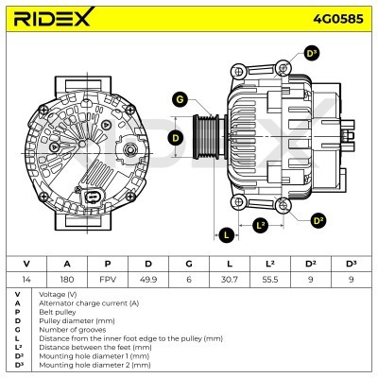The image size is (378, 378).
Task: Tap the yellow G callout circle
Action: (180, 100)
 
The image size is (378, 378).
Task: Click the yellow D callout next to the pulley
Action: (175, 138)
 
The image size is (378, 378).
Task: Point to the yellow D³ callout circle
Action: (311, 54)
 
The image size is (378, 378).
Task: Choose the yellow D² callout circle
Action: (318, 220)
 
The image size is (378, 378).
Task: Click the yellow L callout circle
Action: (227, 234)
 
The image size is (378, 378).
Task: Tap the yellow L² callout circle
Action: (262, 225)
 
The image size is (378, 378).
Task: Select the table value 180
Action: (66, 279)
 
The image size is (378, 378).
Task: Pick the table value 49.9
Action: (147, 279)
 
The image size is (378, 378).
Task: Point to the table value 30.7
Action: (229, 279)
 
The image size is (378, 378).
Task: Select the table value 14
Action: (26, 279)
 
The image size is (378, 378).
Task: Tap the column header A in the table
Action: (66, 263)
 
